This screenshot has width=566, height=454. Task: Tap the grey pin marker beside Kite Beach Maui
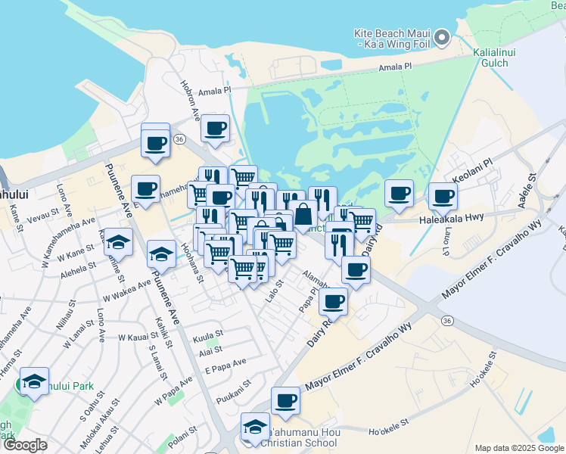tap(443, 36)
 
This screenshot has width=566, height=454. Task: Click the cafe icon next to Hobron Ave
tap(215, 128)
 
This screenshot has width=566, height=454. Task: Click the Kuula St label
tap(208, 333)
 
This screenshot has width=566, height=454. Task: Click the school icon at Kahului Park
tap(34, 382)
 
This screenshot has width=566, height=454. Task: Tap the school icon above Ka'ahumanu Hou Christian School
tap(255, 427)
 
